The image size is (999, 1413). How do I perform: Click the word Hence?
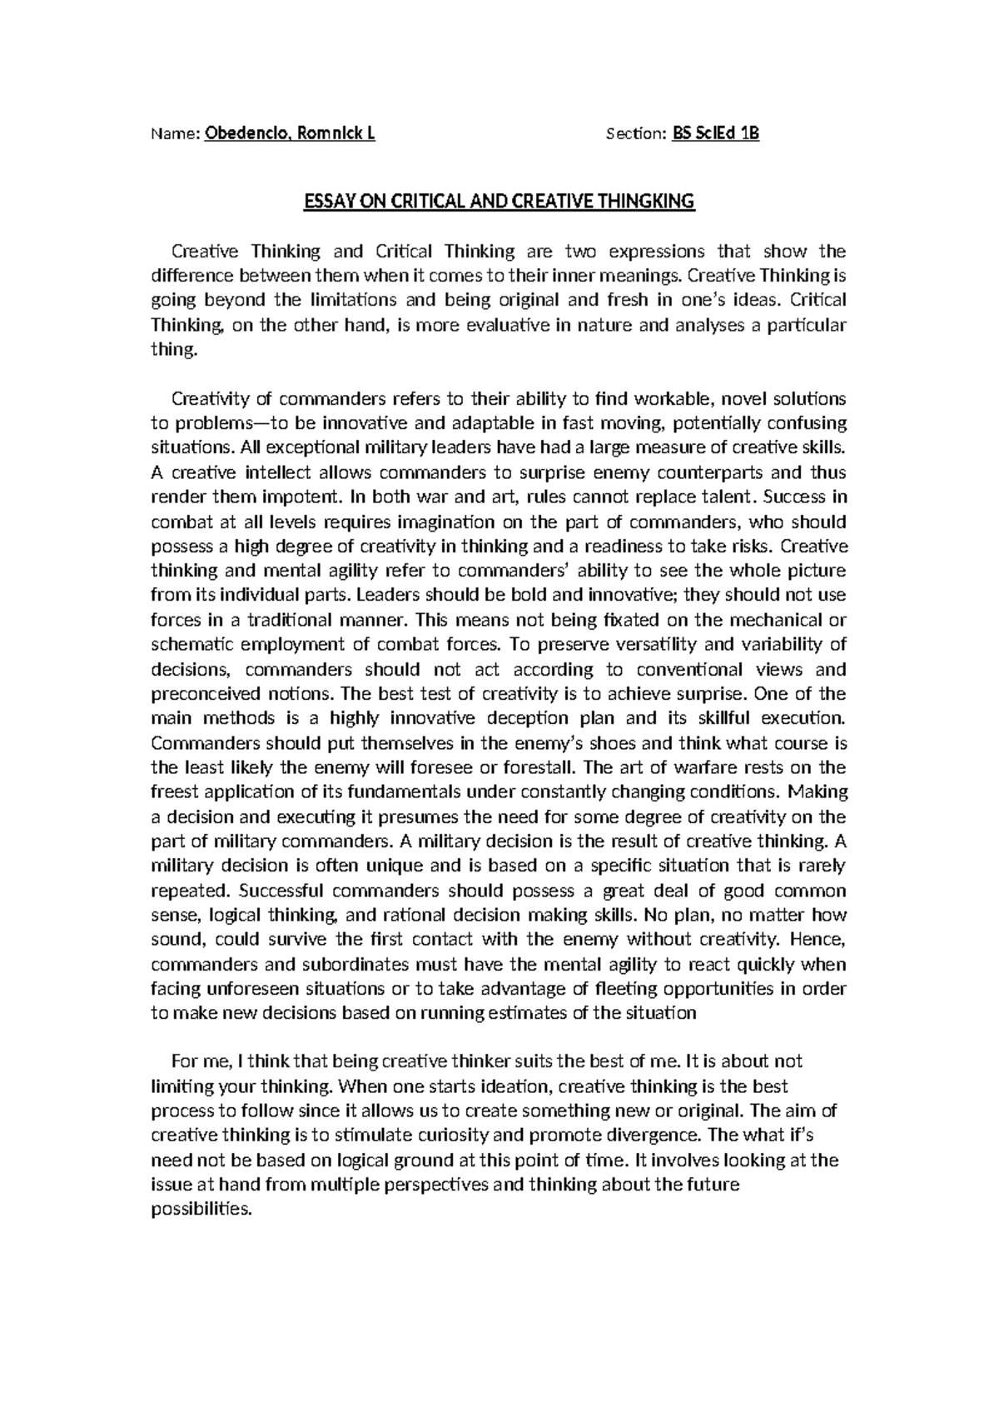pyautogui.click(x=818, y=940)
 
